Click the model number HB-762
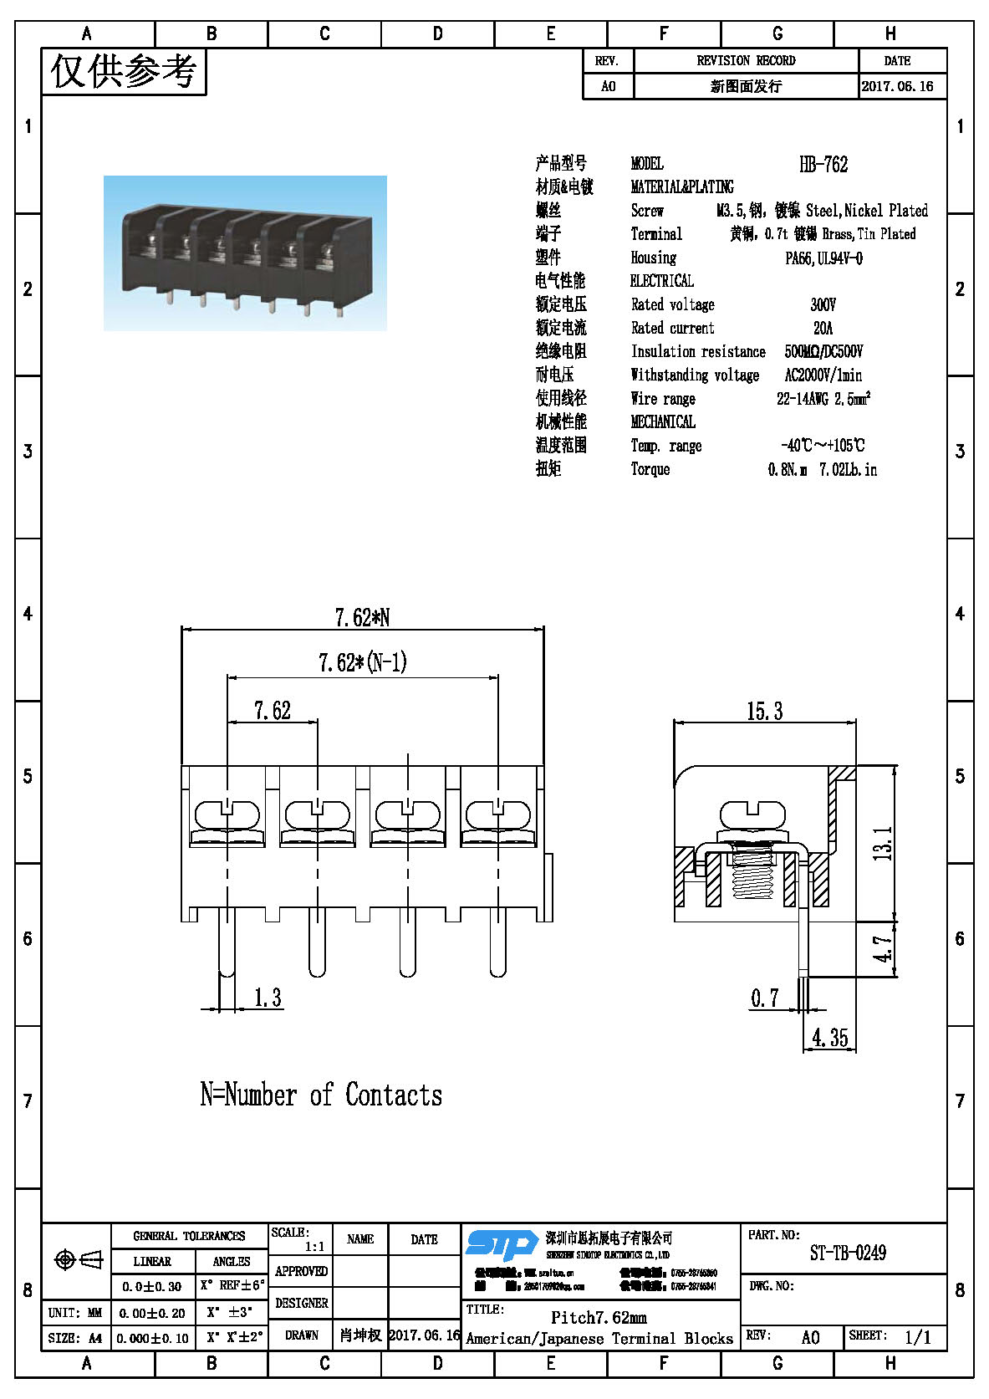[823, 164]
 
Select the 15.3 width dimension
[764, 712]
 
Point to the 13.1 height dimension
[883, 843]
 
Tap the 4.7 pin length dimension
[883, 949]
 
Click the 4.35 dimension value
[829, 1039]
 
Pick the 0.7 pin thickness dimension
[764, 998]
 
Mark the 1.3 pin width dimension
[268, 998]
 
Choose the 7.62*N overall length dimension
[362, 617]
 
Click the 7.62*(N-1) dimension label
[362, 663]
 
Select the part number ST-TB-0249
[848, 1253]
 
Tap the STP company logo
[501, 1243]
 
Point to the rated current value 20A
[823, 328]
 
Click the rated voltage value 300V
[823, 304]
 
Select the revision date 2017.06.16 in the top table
[897, 86]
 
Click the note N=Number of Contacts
[321, 1095]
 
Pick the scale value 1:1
[314, 1246]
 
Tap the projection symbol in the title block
[77, 1259]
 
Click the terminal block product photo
[245, 253]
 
